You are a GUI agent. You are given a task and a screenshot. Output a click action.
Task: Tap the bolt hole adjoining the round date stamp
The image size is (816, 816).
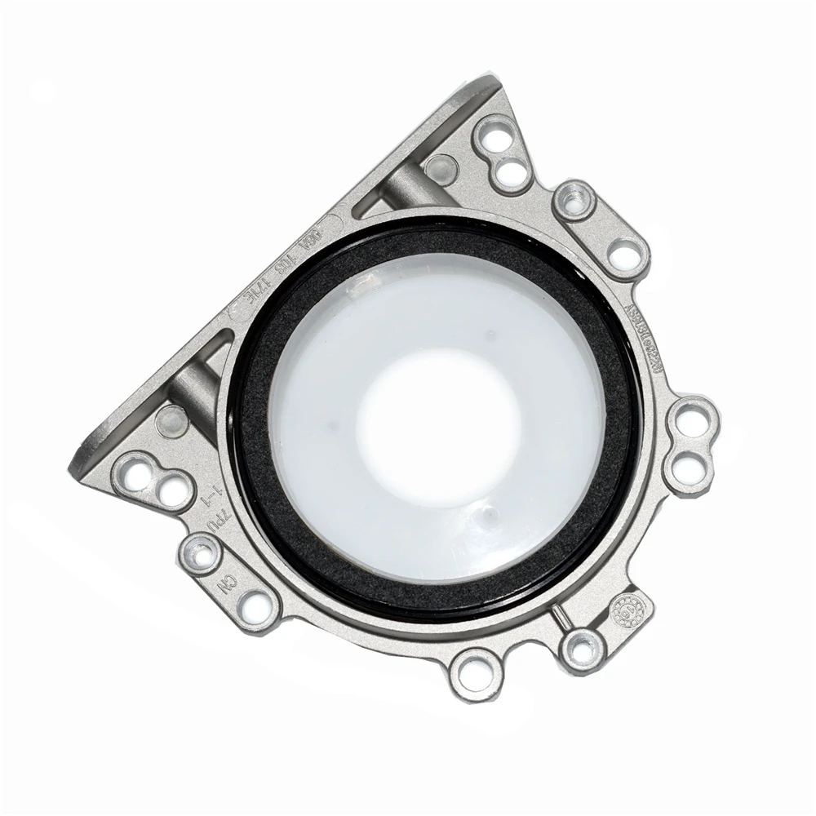(x=583, y=650)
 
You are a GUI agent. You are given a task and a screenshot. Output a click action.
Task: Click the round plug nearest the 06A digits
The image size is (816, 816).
(x=441, y=168)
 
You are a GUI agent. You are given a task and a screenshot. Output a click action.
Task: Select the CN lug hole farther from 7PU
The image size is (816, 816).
(x=259, y=606)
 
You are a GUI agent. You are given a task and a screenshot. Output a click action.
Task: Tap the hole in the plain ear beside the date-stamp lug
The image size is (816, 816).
(x=475, y=672)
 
